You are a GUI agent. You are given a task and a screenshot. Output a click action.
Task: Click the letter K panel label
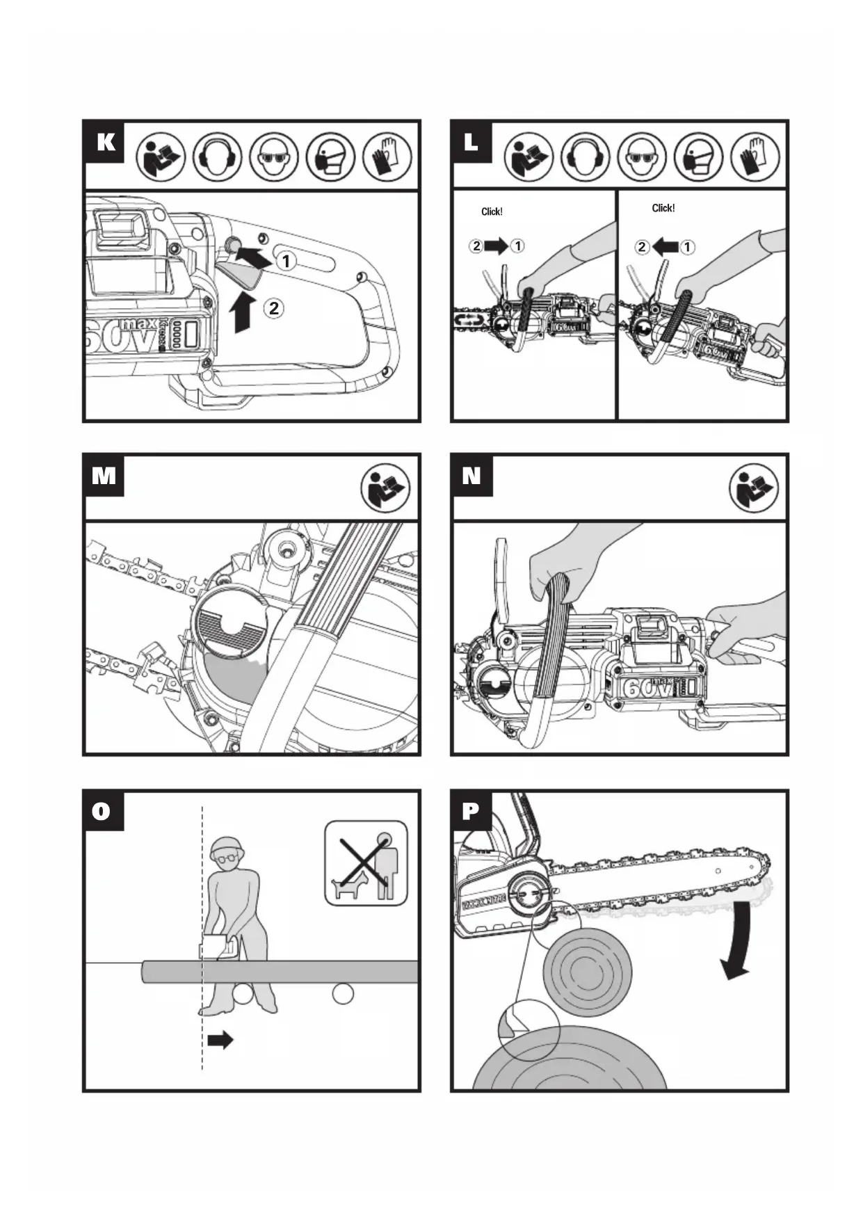coord(105,142)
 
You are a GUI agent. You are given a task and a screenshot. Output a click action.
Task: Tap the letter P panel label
coord(471,811)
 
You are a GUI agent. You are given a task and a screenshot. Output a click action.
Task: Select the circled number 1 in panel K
coord(286,262)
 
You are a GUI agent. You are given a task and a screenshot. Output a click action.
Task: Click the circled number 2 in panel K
coord(274,307)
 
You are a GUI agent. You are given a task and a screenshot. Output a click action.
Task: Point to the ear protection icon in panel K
coord(217,156)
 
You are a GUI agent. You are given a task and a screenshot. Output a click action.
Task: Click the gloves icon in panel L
coord(755,156)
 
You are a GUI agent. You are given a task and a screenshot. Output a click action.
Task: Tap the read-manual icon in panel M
coord(385,488)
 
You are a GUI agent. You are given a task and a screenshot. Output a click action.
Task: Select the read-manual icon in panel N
coord(753,488)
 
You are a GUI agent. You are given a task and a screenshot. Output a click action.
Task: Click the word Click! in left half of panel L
coord(492,211)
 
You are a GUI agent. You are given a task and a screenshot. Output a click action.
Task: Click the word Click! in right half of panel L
coord(663,208)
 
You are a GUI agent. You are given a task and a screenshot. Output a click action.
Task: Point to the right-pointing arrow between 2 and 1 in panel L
coord(497,246)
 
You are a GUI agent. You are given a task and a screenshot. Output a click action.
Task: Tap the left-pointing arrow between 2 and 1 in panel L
coord(665,246)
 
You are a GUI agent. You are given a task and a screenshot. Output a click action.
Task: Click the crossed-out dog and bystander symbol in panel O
coord(366,863)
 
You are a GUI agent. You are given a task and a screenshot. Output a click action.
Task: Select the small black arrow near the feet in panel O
coord(220,1041)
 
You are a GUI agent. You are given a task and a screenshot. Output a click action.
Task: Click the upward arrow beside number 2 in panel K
coord(241,312)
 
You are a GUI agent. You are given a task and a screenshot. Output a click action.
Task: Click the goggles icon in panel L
coord(642,156)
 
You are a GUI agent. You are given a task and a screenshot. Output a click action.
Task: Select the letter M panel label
coord(104,476)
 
